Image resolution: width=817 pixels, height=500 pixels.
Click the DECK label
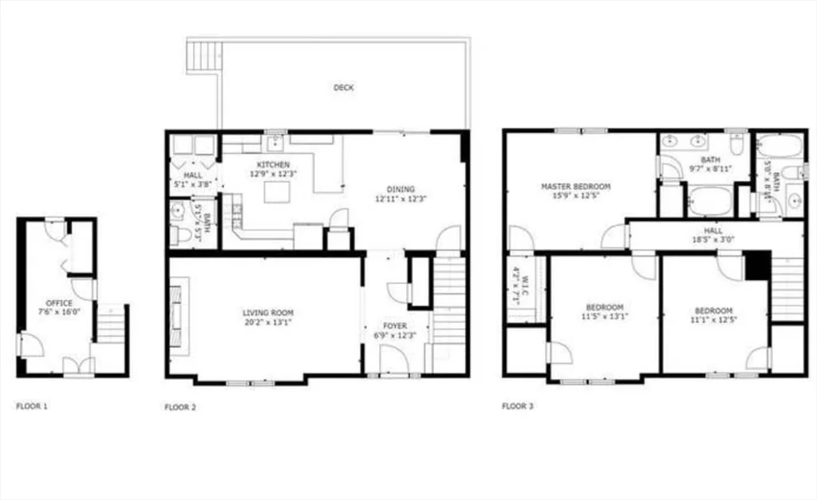pyautogui.click(x=343, y=88)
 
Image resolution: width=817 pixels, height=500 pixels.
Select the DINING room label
pyautogui.click(x=400, y=189)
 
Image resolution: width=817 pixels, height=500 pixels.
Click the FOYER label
pyautogui.click(x=395, y=326)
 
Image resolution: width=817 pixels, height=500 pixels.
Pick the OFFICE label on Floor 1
pyautogui.click(x=59, y=303)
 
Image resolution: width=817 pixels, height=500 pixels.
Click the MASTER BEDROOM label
pyautogui.click(x=575, y=187)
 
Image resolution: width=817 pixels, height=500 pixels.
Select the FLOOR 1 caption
pyautogui.click(x=32, y=406)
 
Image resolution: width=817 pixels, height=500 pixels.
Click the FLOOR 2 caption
pyautogui.click(x=180, y=407)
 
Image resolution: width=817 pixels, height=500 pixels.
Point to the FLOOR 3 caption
pyautogui.click(x=518, y=406)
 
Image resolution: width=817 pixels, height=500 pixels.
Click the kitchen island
pyautogui.click(x=277, y=191)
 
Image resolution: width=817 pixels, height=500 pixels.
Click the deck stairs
pyautogui.click(x=203, y=56)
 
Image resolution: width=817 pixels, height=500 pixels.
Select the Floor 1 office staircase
pyautogui.click(x=111, y=325)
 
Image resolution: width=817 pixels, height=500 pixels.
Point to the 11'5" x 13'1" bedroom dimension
pyautogui.click(x=605, y=315)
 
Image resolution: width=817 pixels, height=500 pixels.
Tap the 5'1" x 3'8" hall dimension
pyautogui.click(x=193, y=185)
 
